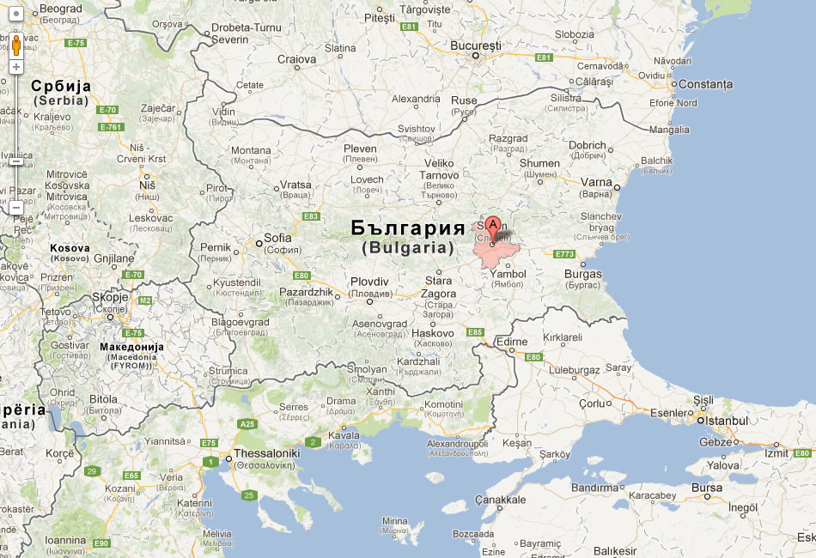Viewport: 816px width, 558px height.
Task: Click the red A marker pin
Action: click(x=493, y=227)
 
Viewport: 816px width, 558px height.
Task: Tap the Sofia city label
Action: click(x=277, y=238)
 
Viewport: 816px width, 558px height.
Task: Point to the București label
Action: click(x=478, y=45)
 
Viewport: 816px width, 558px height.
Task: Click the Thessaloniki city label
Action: click(x=267, y=452)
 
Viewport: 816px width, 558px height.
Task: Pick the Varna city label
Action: click(x=596, y=182)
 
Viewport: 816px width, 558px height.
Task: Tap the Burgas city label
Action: click(x=583, y=274)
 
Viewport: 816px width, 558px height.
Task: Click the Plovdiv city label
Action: click(x=369, y=282)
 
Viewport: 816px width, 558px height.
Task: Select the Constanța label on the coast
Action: click(x=705, y=84)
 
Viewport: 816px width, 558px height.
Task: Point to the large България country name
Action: click(x=408, y=228)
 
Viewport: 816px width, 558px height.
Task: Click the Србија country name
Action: click(x=61, y=86)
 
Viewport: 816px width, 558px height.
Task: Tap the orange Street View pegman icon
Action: click(x=16, y=45)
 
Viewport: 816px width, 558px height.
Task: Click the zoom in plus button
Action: click(x=16, y=66)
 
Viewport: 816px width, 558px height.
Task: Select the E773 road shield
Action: click(x=564, y=254)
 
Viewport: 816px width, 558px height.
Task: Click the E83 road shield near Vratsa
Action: click(x=311, y=216)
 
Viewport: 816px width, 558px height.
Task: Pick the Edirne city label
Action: click(x=511, y=342)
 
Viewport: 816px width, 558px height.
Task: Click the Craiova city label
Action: click(x=296, y=59)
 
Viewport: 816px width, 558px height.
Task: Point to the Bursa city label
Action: click(x=707, y=488)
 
